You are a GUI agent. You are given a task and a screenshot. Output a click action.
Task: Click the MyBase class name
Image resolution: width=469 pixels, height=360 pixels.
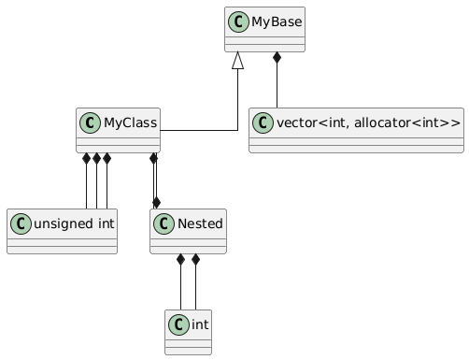pos(277,22)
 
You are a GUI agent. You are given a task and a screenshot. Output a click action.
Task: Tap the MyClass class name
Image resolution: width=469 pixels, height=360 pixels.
pos(131,122)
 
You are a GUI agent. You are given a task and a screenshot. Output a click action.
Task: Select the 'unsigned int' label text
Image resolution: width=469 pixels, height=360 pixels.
pos(74,223)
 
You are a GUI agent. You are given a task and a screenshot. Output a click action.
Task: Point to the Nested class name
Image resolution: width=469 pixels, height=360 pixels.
pos(200,223)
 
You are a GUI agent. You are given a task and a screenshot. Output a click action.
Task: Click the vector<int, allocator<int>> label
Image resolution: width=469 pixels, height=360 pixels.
pos(368,122)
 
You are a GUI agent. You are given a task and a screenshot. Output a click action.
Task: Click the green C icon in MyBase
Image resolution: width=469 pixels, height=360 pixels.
pos(238,22)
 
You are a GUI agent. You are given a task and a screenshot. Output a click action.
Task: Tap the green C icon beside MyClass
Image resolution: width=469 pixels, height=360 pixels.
pos(91,122)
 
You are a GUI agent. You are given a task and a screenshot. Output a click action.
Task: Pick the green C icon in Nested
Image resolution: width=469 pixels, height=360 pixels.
pos(163,223)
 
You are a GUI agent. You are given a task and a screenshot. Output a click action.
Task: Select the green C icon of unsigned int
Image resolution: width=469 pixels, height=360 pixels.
pos(21,223)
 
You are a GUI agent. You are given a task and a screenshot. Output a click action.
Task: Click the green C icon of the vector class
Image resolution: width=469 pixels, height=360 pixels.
pos(263,122)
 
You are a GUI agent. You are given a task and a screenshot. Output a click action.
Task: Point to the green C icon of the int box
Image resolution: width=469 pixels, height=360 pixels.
pos(178,324)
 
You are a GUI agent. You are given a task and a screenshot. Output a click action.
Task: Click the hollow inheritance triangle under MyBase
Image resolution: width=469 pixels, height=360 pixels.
pos(237,60)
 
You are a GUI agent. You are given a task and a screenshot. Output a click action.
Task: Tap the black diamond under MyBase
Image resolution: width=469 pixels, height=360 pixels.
pos(277,57)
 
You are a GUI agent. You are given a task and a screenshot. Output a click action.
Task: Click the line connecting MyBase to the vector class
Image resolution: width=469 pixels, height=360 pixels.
pos(277,85)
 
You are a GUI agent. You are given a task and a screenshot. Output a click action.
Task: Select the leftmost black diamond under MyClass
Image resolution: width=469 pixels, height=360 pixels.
pos(86,158)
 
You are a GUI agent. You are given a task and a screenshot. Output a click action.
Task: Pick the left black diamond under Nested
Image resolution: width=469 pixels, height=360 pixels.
pos(180,259)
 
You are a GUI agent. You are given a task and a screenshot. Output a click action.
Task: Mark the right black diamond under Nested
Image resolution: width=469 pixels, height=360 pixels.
pos(195,259)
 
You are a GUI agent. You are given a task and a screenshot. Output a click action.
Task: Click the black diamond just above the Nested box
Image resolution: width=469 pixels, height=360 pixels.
pos(156,203)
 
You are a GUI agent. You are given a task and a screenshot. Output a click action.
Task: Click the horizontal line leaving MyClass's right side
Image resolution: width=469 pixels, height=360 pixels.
pos(199,130)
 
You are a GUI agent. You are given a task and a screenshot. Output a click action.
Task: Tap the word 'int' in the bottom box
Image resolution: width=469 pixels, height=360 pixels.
pos(200,324)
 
